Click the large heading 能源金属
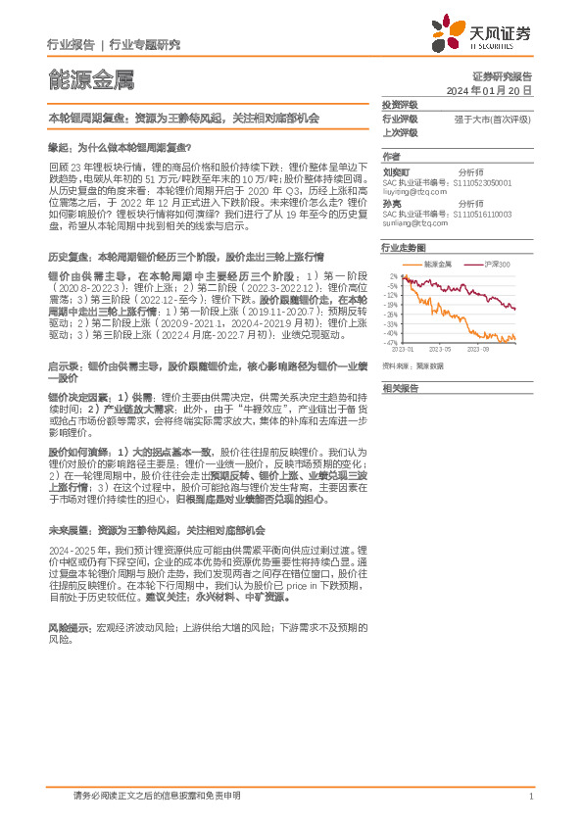[91, 79]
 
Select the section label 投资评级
[400, 104]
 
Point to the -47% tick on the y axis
[391, 343]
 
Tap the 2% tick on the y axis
[393, 276]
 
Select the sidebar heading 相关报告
[400, 388]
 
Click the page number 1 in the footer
[530, 797]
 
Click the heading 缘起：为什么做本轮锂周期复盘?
[120, 145]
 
